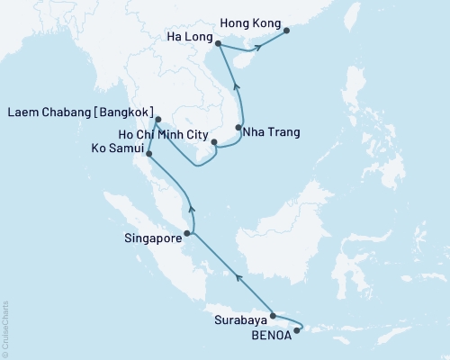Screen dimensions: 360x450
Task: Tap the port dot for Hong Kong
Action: (x=287, y=31)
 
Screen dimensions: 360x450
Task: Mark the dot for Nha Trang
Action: (x=239, y=127)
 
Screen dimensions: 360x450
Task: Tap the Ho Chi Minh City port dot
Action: (x=214, y=142)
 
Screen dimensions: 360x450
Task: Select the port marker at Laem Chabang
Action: (x=157, y=120)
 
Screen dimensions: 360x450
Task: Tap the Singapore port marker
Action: (x=186, y=234)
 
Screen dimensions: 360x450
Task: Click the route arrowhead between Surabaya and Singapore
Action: (x=238, y=278)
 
